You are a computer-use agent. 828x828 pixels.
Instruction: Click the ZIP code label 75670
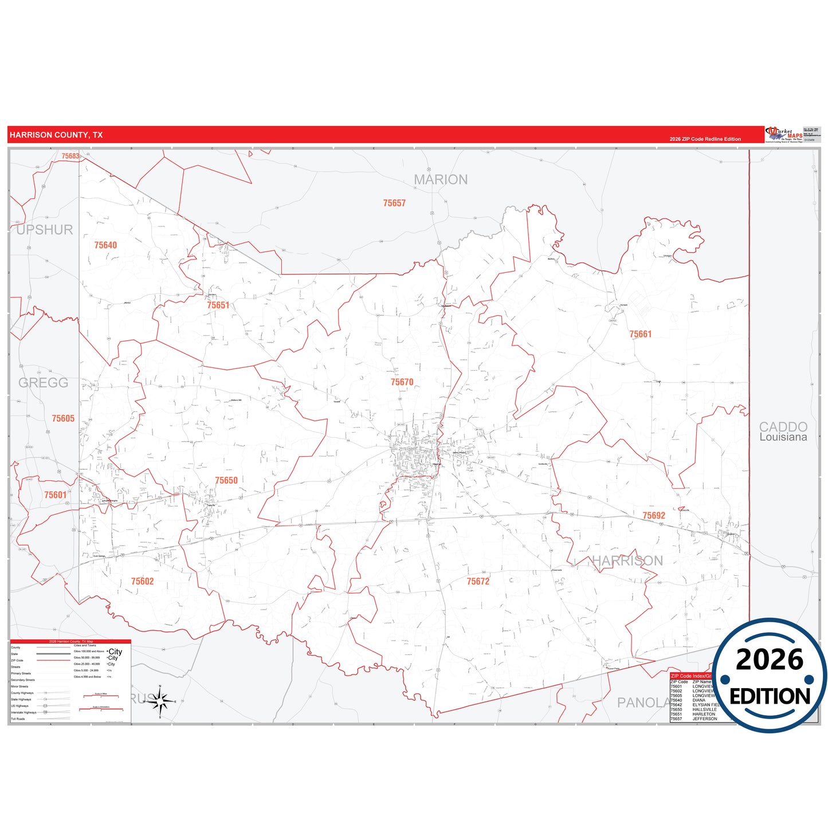tap(402, 382)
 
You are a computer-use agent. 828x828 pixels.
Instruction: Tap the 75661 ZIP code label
tap(640, 334)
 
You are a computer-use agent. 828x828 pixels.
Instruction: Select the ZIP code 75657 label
tap(394, 203)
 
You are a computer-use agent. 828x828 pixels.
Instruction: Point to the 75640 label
tap(105, 245)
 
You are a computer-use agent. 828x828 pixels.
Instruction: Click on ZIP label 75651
tap(218, 305)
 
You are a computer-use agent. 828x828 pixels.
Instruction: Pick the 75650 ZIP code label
tap(226, 481)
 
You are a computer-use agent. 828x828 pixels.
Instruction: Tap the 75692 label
tap(653, 516)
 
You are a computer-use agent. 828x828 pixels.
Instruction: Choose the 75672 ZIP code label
tap(478, 582)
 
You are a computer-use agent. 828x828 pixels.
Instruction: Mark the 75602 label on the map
tap(142, 582)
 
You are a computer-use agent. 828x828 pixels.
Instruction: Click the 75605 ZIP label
tap(63, 419)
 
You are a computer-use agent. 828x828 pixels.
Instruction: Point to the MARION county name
tap(441, 180)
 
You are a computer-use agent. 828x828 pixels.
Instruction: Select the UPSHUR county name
tap(45, 230)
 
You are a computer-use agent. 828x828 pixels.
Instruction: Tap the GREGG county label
tap(44, 383)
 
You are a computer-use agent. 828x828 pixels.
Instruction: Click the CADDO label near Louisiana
tap(783, 427)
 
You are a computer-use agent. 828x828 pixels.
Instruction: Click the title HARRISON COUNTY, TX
tap(56, 135)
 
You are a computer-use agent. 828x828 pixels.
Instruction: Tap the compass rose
tap(160, 701)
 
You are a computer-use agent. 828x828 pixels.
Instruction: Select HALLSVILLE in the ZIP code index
tap(704, 709)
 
